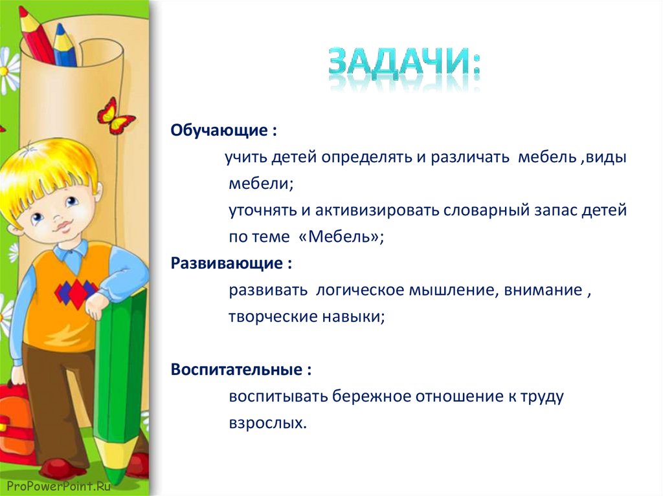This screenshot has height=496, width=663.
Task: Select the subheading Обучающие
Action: [219, 131]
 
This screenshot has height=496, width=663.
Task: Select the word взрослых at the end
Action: [265, 423]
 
